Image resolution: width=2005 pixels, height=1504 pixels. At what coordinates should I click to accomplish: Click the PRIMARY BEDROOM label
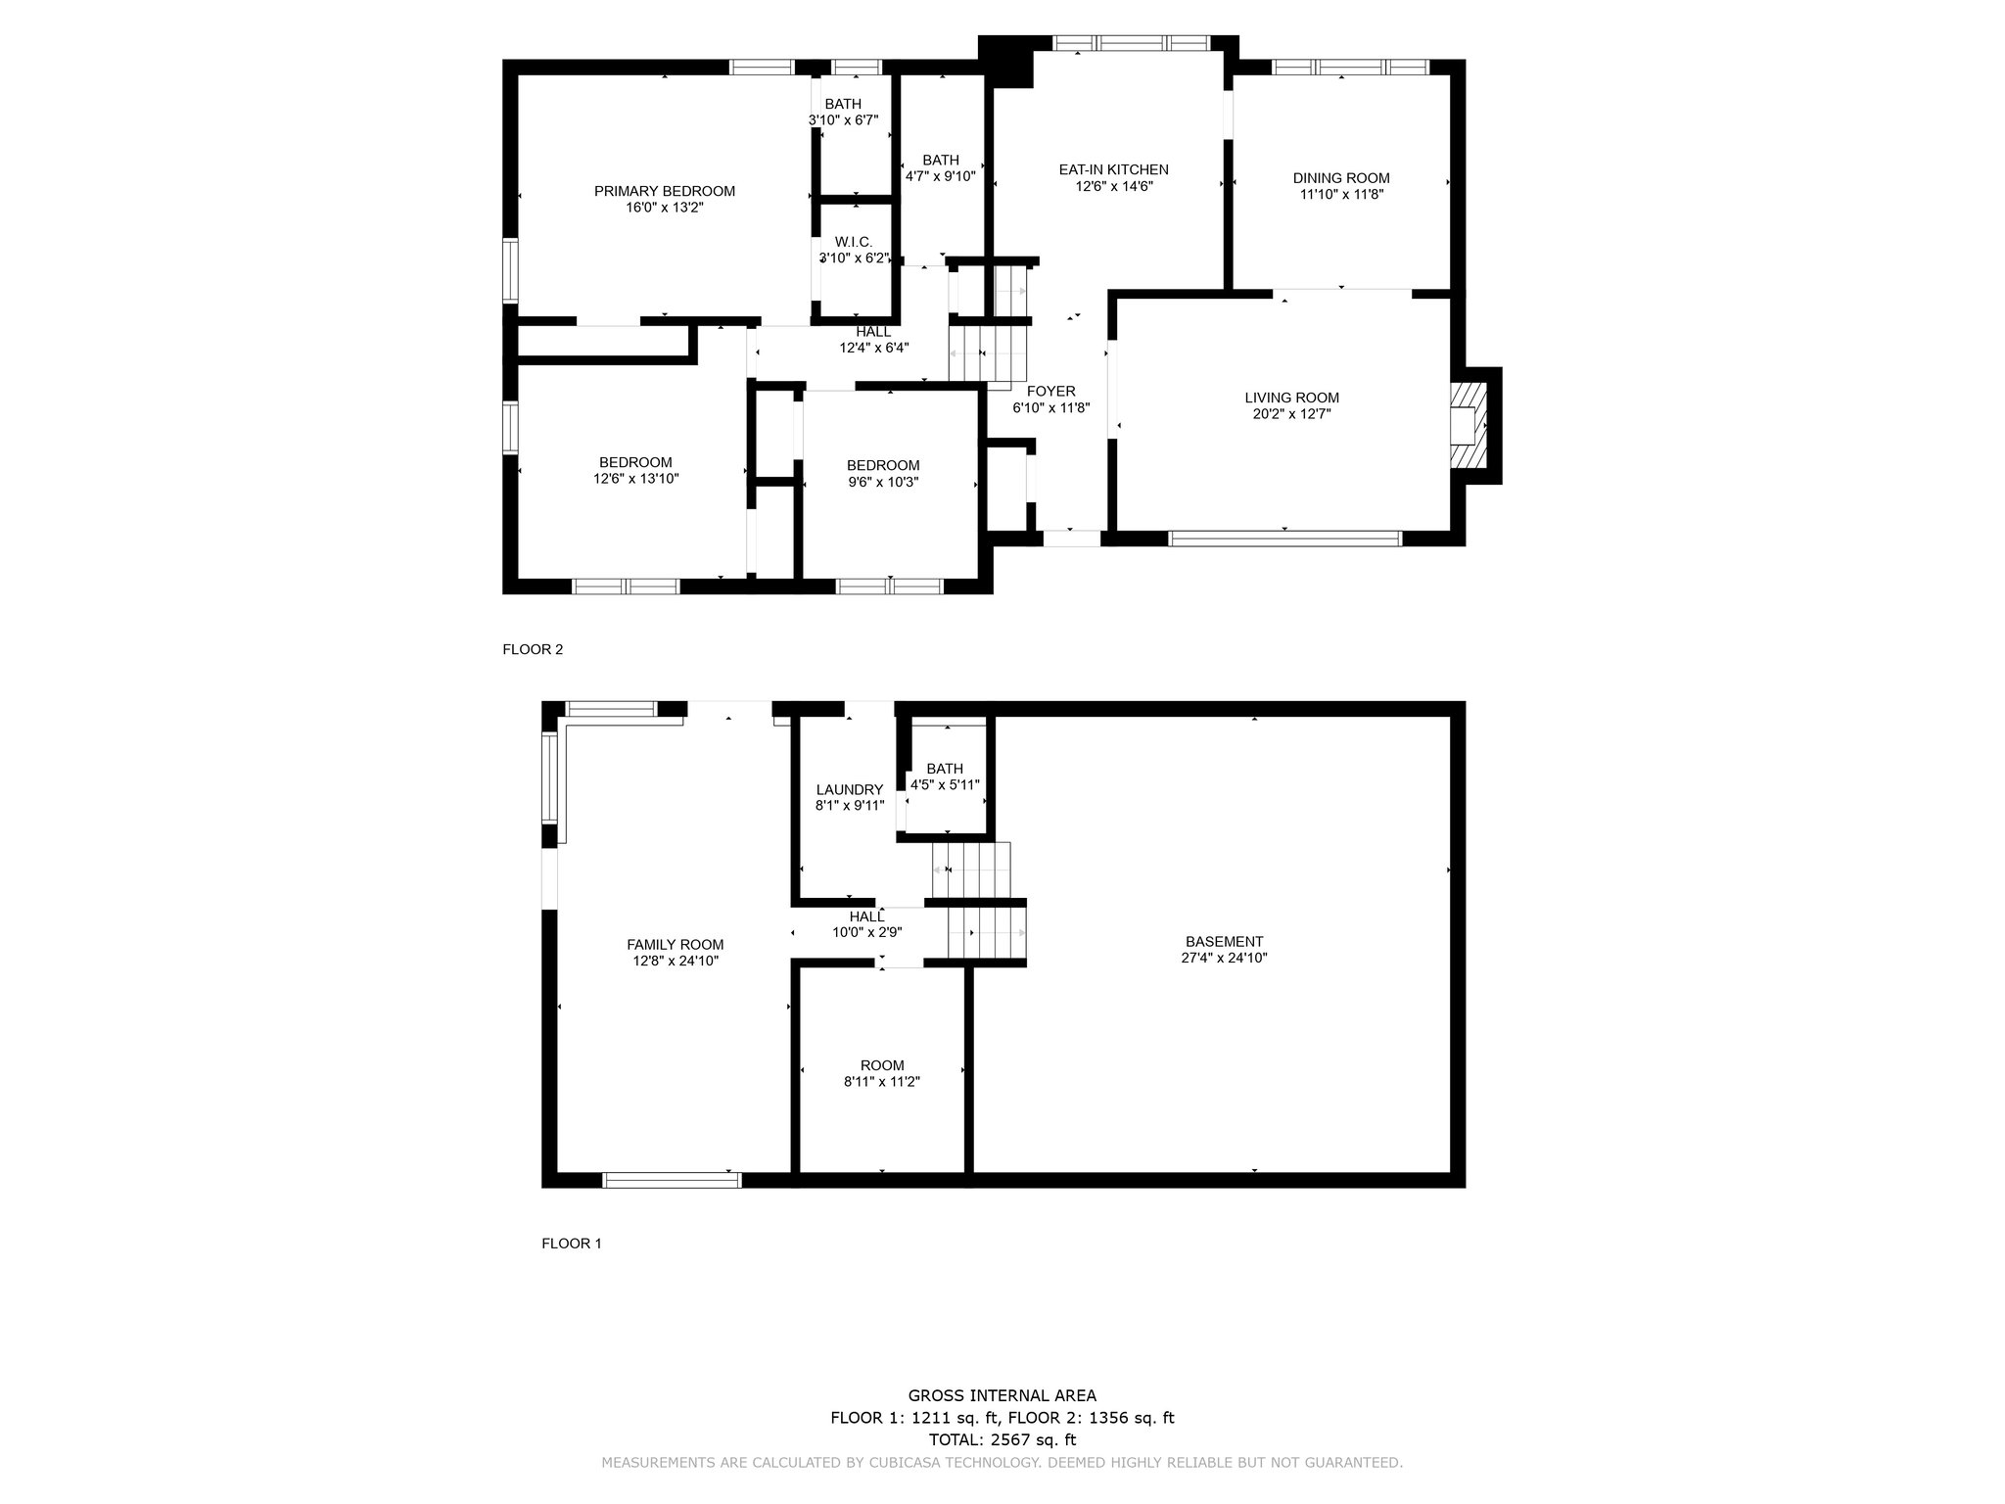(x=665, y=191)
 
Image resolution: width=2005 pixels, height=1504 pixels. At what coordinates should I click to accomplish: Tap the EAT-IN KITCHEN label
(x=1114, y=169)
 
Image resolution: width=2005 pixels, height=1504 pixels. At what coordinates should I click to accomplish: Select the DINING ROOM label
(x=1341, y=178)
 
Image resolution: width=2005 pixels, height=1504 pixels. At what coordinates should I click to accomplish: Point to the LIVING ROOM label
(x=1292, y=398)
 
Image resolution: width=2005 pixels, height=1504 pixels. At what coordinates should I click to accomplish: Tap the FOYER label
(x=1051, y=392)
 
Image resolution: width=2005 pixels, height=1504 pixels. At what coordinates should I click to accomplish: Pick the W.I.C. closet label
(x=854, y=242)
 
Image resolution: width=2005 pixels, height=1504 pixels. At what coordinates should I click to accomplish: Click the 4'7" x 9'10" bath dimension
(x=941, y=177)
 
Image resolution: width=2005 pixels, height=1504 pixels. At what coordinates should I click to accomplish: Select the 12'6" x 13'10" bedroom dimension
(x=636, y=479)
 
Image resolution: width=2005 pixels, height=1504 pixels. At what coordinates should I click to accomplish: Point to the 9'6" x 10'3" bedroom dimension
(x=883, y=482)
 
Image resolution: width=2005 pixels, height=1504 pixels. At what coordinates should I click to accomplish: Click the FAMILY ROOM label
(x=676, y=945)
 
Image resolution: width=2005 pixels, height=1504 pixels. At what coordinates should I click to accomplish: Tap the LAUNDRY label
(x=850, y=790)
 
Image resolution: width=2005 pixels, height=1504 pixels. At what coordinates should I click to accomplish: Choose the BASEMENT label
(x=1224, y=942)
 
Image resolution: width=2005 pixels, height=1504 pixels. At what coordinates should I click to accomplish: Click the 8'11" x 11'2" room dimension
(x=882, y=1082)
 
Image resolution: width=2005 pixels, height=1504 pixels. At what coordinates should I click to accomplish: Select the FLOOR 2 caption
(x=533, y=649)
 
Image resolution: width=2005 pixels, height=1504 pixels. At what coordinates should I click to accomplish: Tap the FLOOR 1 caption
(x=572, y=1244)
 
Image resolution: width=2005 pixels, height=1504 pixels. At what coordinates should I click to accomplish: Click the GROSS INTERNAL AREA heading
(x=1002, y=1396)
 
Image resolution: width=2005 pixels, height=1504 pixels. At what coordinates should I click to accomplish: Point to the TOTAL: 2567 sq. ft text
(x=1002, y=1439)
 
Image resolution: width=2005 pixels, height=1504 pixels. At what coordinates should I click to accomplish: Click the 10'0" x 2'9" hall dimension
(x=867, y=933)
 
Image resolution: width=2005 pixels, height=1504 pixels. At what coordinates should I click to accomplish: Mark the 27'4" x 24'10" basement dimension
(x=1224, y=959)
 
